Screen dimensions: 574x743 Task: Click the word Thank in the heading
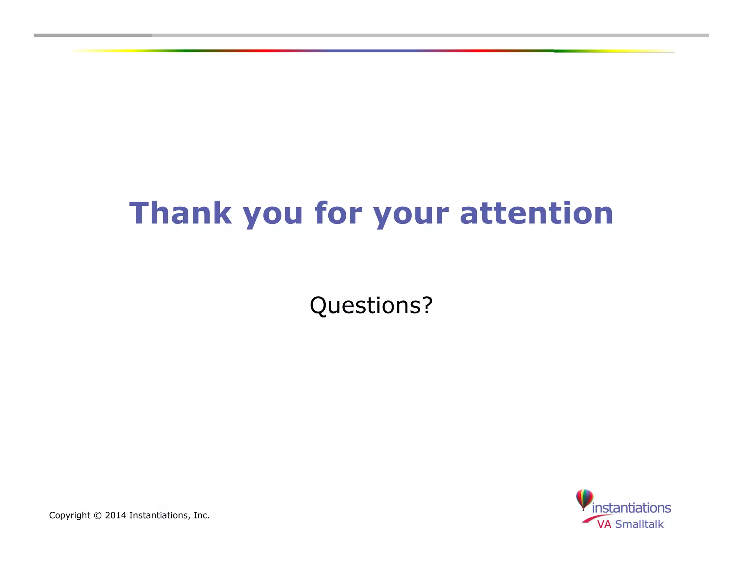pos(180,213)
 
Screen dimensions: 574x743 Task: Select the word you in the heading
pos(272,214)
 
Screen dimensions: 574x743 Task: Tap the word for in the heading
pos(338,213)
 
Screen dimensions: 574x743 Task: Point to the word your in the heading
pos(411,214)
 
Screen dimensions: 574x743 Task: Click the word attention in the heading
pos(536,213)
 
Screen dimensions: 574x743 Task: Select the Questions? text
pos(371,305)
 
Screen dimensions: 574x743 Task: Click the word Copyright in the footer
pos(70,516)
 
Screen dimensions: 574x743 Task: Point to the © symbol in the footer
pos(98,516)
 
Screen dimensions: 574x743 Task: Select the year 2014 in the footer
pos(115,516)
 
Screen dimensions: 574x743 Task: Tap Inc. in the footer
pos(201,516)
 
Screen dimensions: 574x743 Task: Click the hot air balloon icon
pos(584,499)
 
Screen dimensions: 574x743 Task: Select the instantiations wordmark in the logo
pos(631,508)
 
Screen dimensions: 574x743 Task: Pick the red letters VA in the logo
pos(604,524)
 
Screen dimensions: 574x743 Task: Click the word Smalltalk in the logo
pos(639,524)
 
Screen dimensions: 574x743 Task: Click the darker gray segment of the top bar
pos(93,35)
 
